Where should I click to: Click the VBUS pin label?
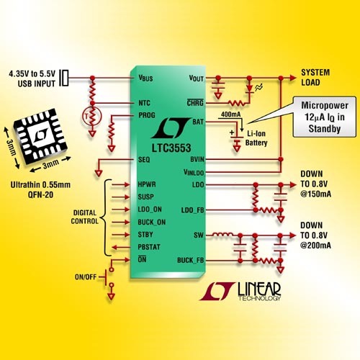pyautogui.click(x=145, y=78)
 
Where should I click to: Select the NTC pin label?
pyautogui.click(x=144, y=103)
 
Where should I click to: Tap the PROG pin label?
pyautogui.click(x=147, y=115)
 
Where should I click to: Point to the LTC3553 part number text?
pyautogui.click(x=171, y=148)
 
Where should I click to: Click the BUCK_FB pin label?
pyautogui.click(x=190, y=260)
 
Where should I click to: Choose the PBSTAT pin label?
pyautogui.click(x=149, y=247)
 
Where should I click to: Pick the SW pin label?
pyautogui.click(x=199, y=235)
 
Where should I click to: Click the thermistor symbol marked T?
pyautogui.click(x=92, y=117)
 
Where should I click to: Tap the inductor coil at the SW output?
pyautogui.click(x=223, y=235)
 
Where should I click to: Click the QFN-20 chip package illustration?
pyautogui.click(x=40, y=136)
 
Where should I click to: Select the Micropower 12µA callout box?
pyautogui.click(x=325, y=117)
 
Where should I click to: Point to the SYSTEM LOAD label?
pyautogui.click(x=315, y=77)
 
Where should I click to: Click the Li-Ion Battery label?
pyautogui.click(x=256, y=138)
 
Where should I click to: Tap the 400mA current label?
pyautogui.click(x=230, y=114)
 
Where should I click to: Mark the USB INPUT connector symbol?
pyautogui.click(x=64, y=78)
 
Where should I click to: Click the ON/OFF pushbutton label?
pyautogui.click(x=86, y=277)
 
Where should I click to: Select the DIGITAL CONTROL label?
pyautogui.click(x=85, y=217)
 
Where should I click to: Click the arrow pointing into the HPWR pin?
pyautogui.click(x=121, y=184)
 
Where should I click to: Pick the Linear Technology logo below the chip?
pyautogui.click(x=240, y=291)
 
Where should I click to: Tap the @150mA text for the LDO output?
pyautogui.click(x=315, y=194)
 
